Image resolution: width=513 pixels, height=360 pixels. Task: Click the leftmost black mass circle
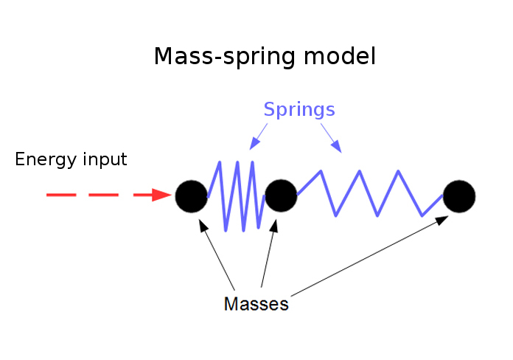pyautogui.click(x=191, y=195)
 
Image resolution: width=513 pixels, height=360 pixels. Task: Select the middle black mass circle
pyautogui.click(x=281, y=195)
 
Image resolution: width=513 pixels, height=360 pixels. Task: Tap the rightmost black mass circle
pyautogui.click(x=459, y=195)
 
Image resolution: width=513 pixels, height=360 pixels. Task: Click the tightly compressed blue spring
pyautogui.click(x=236, y=195)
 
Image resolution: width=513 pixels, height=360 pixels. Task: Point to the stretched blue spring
pyautogui.click(x=369, y=193)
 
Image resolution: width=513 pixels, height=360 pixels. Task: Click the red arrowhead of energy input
pyautogui.click(x=163, y=195)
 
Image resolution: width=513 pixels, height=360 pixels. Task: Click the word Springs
pyautogui.click(x=299, y=111)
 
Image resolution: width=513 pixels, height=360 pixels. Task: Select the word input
pyautogui.click(x=104, y=160)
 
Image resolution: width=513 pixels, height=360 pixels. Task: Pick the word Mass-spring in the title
pyautogui.click(x=226, y=57)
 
